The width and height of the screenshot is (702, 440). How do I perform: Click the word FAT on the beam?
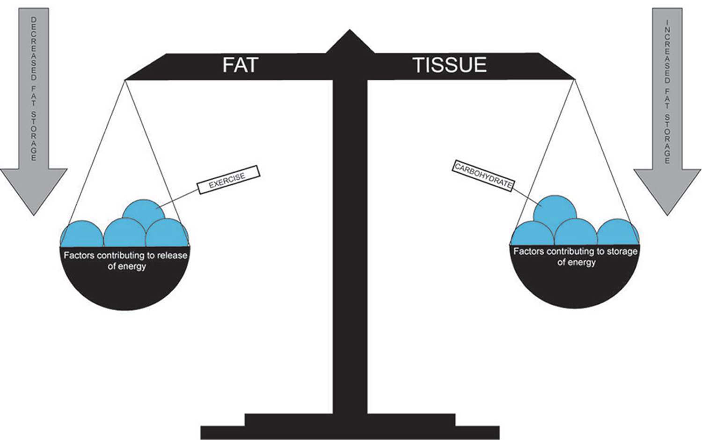coord(240,65)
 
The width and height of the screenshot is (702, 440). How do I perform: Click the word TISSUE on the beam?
coord(449,65)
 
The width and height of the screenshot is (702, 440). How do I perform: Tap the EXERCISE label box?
coord(227,180)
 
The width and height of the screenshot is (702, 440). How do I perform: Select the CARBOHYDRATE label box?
coord(483,175)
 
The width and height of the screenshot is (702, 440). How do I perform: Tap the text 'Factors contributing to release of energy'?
coord(125,261)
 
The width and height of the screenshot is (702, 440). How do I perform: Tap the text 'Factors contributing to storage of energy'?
coord(576,257)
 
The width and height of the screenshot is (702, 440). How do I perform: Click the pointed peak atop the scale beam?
coord(350,40)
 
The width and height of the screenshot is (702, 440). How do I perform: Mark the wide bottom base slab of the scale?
coord(350,432)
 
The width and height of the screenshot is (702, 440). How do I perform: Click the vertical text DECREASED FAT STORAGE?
coord(34,89)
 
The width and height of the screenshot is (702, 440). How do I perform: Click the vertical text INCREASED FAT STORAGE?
coord(667,91)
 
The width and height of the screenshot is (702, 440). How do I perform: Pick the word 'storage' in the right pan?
coord(622,251)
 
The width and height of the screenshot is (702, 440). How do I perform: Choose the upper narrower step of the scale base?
coord(350,419)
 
